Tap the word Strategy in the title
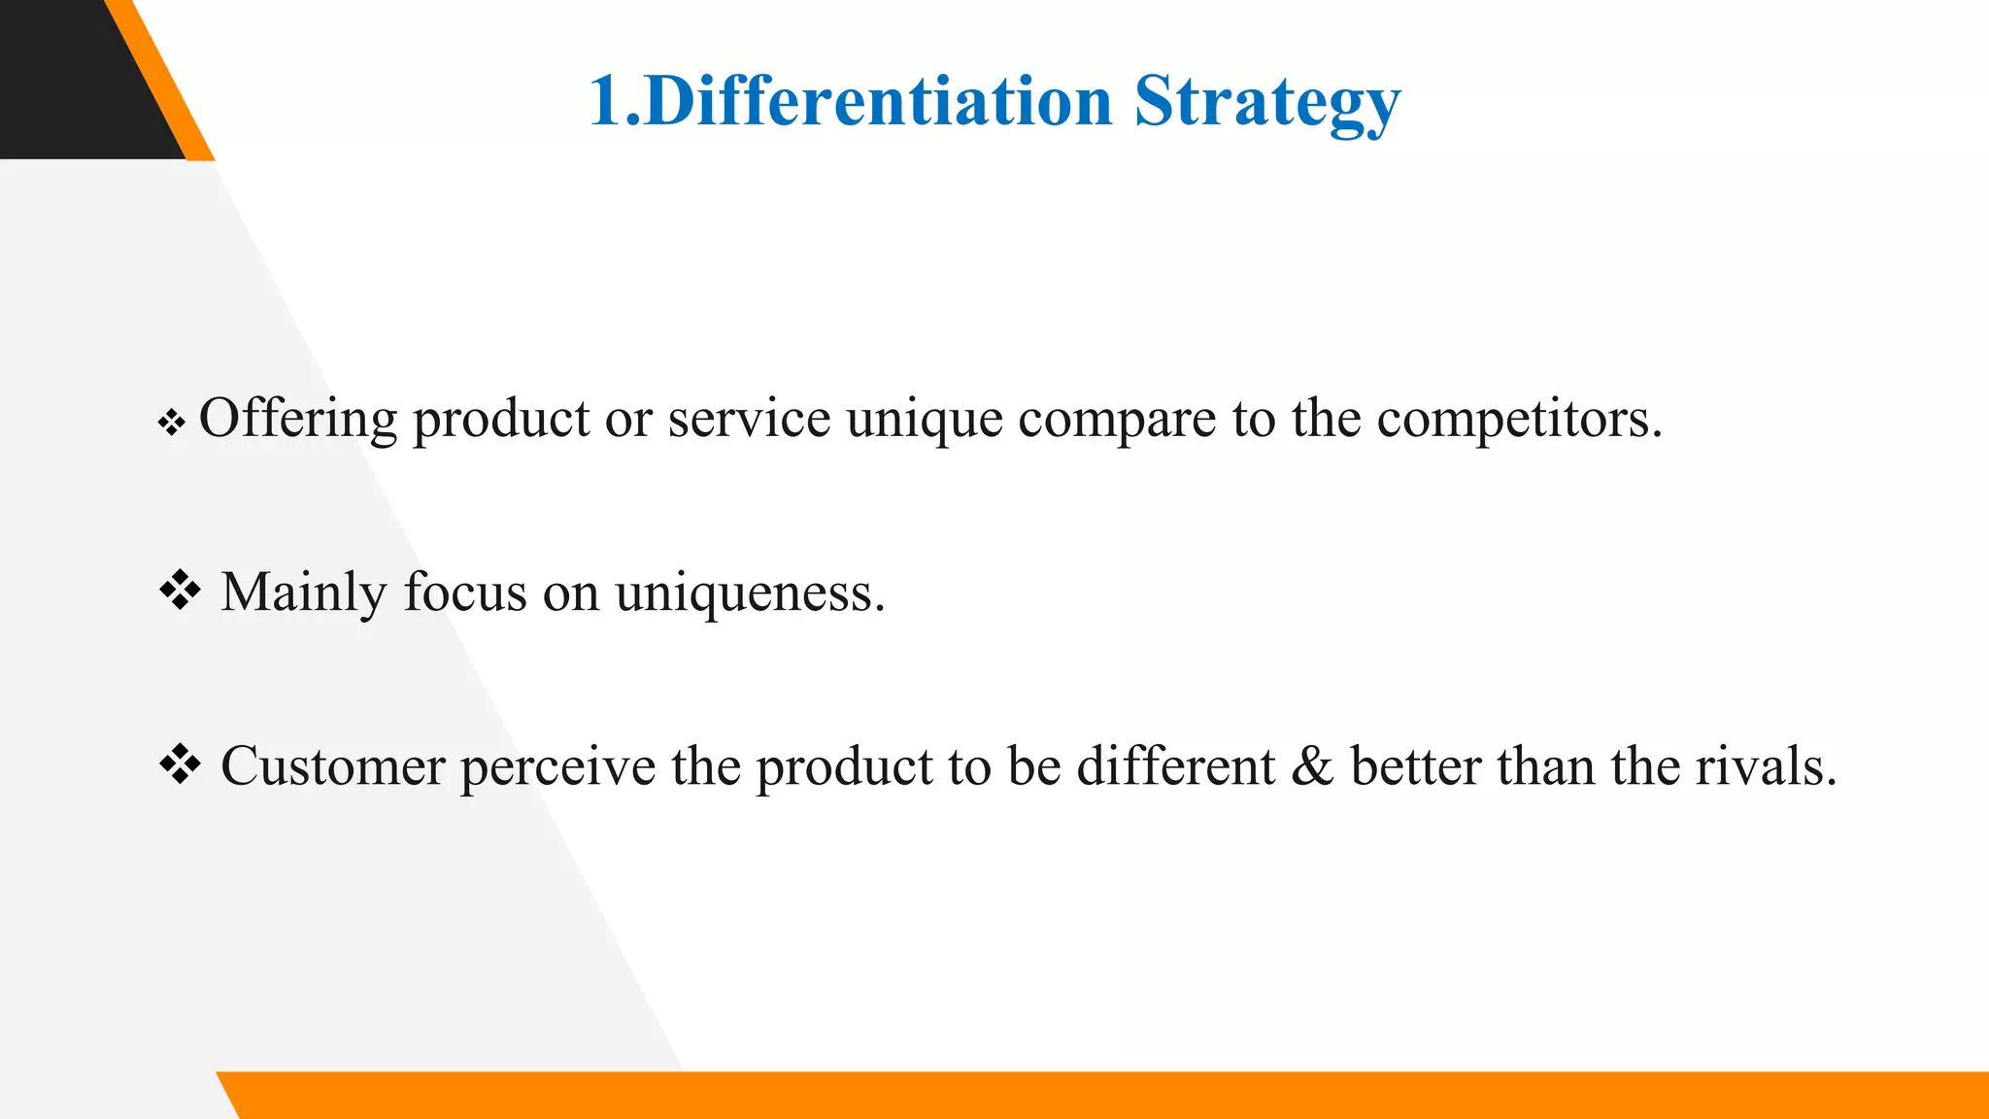point(1267,102)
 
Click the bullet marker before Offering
point(172,423)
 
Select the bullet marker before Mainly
point(180,591)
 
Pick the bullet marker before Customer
point(180,764)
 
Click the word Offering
point(297,420)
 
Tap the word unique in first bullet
point(924,420)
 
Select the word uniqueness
point(750,593)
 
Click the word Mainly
point(303,593)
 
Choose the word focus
point(464,593)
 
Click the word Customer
point(332,766)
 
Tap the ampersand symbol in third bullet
point(1312,766)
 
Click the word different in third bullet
point(1175,766)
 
